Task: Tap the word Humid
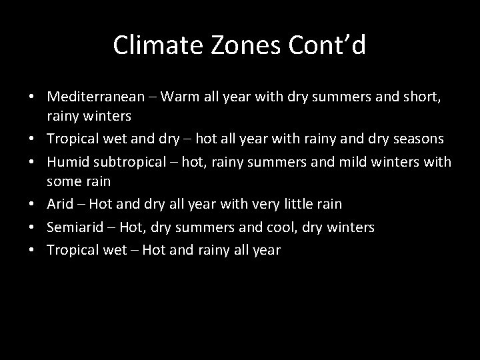point(68,161)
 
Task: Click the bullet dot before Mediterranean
point(31,97)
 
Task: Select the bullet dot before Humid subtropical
point(31,162)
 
